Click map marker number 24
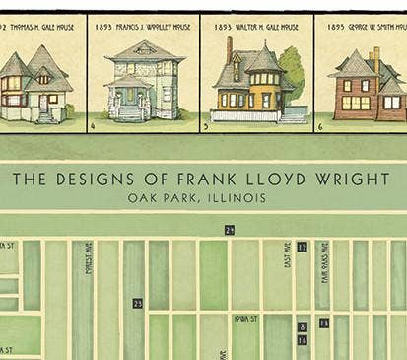coord(230,230)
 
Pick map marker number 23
coord(137,303)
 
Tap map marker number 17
coord(302,247)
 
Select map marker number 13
coord(324,323)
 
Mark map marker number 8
coord(302,326)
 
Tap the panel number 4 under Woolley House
coord(93,126)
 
